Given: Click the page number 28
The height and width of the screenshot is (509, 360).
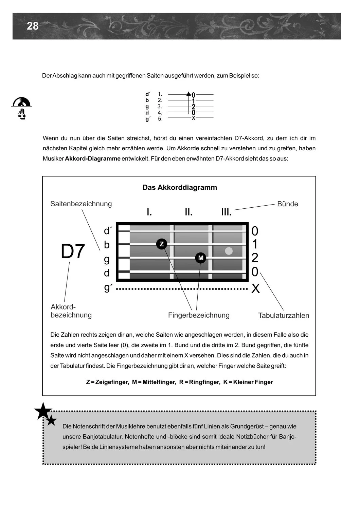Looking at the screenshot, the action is tap(33, 26).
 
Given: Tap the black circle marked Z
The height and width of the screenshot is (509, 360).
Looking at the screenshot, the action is tap(162, 244).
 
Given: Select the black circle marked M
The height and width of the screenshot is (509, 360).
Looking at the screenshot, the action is tap(201, 258).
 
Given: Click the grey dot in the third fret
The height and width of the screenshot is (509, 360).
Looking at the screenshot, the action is tap(229, 251).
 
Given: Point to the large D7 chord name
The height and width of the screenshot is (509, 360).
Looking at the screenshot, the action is tap(73, 251).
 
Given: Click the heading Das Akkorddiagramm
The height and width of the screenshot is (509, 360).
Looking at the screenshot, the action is tap(180, 187).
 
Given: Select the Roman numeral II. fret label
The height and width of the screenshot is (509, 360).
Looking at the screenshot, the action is tap(188, 212).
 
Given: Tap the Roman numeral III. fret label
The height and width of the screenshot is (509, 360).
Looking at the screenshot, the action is tap(227, 212).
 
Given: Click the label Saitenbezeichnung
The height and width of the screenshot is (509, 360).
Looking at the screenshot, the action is tap(81, 204).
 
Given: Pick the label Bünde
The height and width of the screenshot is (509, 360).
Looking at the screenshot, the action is tap(287, 204).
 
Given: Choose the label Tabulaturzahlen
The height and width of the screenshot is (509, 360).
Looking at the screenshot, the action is tap(284, 315).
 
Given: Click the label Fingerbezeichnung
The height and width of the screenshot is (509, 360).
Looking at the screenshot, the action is tap(199, 315).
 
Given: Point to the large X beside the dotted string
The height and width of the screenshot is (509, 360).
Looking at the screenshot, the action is tap(255, 289).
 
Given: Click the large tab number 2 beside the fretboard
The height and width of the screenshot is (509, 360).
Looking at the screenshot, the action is tap(255, 258).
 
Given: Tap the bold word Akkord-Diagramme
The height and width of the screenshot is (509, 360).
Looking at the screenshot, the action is tap(93, 158).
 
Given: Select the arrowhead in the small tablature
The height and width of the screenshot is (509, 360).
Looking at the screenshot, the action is tap(188, 94).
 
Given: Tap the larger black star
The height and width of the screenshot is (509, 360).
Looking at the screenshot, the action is tap(43, 411).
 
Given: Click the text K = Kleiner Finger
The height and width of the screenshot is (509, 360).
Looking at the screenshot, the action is tap(248, 382).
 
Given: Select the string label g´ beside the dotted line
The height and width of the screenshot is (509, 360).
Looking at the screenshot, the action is tap(107, 288).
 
